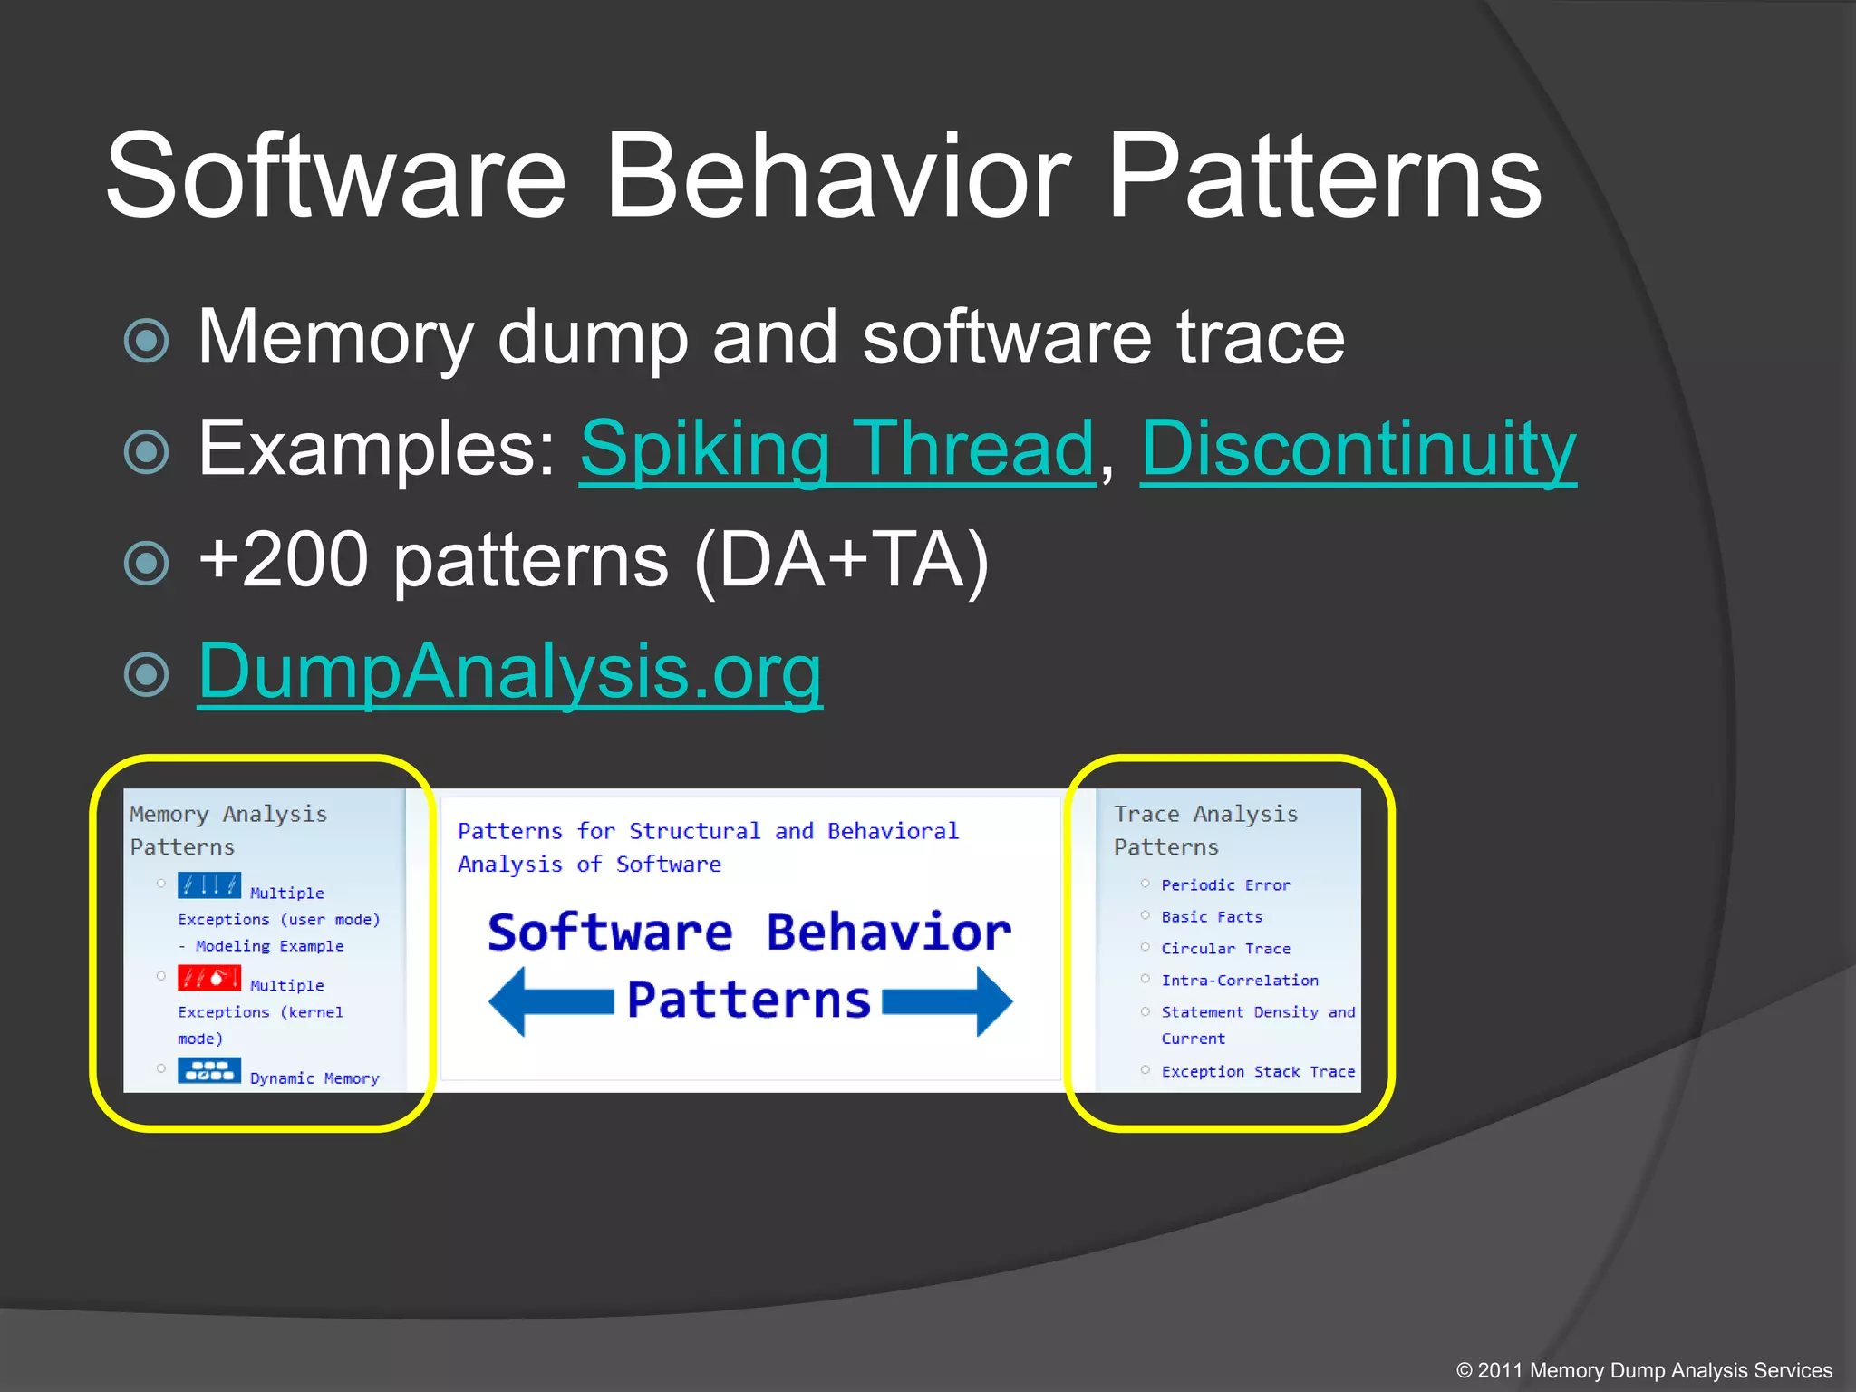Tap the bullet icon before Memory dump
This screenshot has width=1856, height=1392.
pyautogui.click(x=146, y=341)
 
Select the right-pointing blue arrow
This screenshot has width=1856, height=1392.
pyautogui.click(x=948, y=1000)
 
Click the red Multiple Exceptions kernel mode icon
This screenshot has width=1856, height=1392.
pyautogui.click(x=208, y=978)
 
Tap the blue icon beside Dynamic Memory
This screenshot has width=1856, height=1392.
pyautogui.click(x=208, y=1070)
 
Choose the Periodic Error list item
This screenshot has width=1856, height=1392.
pyautogui.click(x=1225, y=884)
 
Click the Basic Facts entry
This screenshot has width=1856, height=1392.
pyautogui.click(x=1212, y=916)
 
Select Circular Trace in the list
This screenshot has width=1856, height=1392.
pyautogui.click(x=1225, y=948)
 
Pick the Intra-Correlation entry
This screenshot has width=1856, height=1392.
pyautogui.click(x=1239, y=980)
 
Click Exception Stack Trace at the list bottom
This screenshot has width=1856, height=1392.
pyautogui.click(x=1258, y=1071)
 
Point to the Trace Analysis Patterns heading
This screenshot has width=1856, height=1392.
pyautogui.click(x=1205, y=829)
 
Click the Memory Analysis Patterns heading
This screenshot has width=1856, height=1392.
pyautogui.click(x=227, y=829)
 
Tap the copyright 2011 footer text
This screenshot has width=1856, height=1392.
pyautogui.click(x=1643, y=1370)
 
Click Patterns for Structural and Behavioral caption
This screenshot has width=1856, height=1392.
pyautogui.click(x=707, y=831)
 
